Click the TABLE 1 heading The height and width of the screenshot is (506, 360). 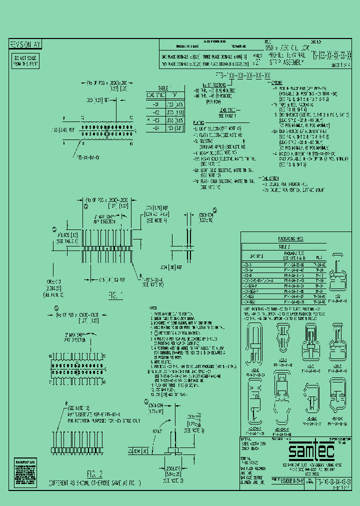[164, 87]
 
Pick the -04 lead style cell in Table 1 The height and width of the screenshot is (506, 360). [155, 128]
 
